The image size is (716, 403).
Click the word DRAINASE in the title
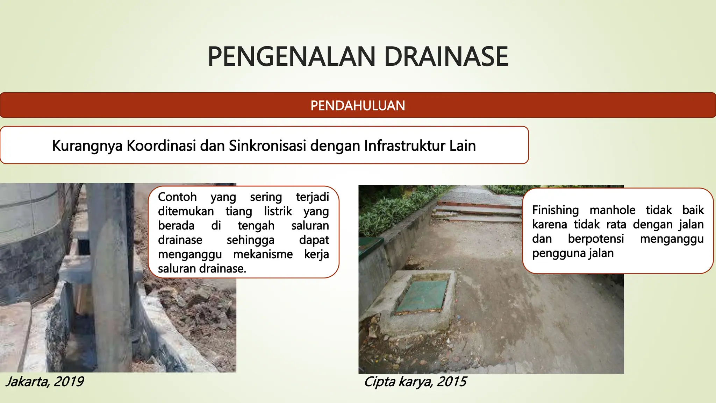[446, 57]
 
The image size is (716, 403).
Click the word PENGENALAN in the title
[292, 57]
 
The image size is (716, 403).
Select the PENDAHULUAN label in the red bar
[358, 106]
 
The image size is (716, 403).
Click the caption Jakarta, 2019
[44, 381]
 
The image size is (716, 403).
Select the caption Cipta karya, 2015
[415, 381]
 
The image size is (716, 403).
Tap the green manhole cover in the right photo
[422, 296]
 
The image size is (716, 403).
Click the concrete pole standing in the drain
[112, 280]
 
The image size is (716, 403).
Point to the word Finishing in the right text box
[556, 210]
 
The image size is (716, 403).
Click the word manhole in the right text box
[613, 210]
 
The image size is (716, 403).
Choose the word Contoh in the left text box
[177, 197]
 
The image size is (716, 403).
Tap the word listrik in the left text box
[278, 211]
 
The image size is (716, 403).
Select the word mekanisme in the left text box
[263, 254]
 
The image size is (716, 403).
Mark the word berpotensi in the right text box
[596, 239]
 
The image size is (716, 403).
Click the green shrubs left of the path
[392, 210]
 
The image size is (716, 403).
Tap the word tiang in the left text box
[239, 211]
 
